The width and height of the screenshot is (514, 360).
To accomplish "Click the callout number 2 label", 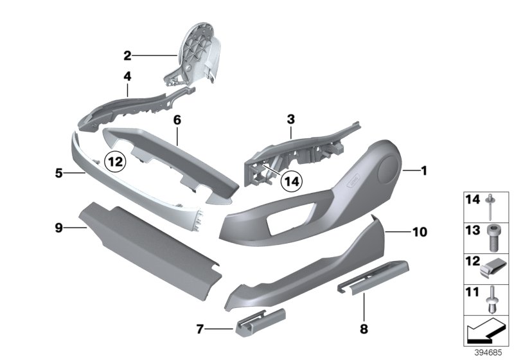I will point(127,55).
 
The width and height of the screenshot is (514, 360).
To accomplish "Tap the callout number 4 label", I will point(127,75).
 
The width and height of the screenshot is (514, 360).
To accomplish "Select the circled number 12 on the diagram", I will point(114,162).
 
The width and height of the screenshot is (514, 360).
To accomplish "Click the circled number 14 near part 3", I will point(292,182).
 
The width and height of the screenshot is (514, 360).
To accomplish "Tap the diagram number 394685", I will point(491,353).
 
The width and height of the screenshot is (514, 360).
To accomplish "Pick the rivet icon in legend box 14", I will point(492,206).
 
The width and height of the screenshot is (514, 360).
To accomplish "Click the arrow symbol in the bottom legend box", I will point(486,331).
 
